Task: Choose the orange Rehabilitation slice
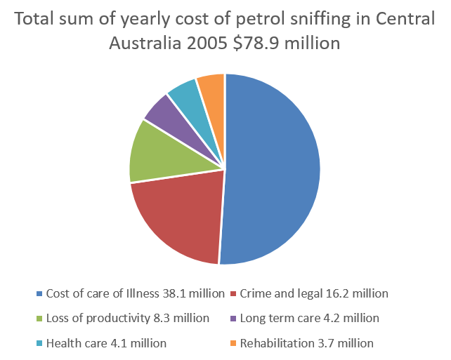pyautogui.click(x=211, y=88)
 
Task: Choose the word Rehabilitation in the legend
pyautogui.click(x=275, y=343)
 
